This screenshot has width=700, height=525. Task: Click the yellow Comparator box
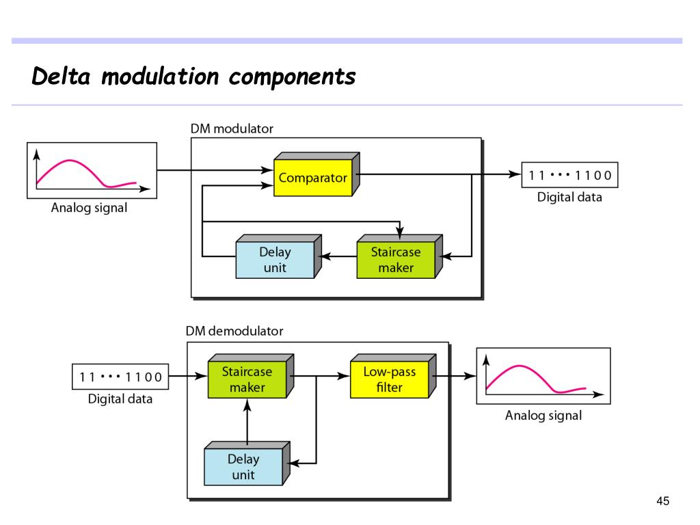(317, 174)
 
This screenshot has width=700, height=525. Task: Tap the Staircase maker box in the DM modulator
(399, 256)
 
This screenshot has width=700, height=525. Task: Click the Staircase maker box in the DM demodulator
(251, 376)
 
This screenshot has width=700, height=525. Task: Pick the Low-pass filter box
(393, 376)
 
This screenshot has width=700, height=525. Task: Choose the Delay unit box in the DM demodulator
(247, 463)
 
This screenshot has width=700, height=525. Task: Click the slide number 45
(663, 501)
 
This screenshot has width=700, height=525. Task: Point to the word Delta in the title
(61, 77)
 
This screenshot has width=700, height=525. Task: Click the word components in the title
(293, 77)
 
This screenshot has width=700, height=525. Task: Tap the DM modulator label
(232, 129)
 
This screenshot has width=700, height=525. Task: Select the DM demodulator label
(234, 331)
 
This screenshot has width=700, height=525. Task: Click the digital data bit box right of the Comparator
(569, 175)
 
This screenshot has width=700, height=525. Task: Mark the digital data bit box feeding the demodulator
(120, 377)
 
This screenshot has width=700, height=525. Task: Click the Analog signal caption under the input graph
(90, 208)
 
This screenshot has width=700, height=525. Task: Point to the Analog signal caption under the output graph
(543, 415)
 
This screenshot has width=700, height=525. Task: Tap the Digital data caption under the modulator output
(569, 197)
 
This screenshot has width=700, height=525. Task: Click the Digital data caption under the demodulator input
(120, 399)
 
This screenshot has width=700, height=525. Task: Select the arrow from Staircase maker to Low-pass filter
(321, 376)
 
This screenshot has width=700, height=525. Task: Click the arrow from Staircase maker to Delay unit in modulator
(339, 256)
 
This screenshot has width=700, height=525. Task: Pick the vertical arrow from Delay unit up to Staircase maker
(247, 421)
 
